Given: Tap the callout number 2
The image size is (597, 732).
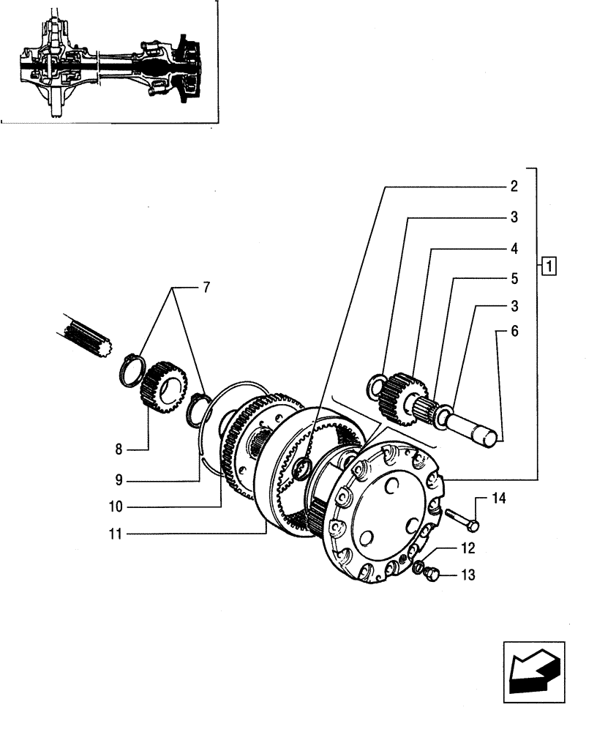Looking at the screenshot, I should (514, 186).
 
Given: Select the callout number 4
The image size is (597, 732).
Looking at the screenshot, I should (514, 248).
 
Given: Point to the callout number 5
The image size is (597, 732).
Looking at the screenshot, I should (514, 279).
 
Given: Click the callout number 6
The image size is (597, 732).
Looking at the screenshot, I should (514, 332).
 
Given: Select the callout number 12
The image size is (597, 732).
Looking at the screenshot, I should (468, 548).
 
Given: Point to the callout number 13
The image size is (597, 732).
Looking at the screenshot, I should (468, 575).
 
